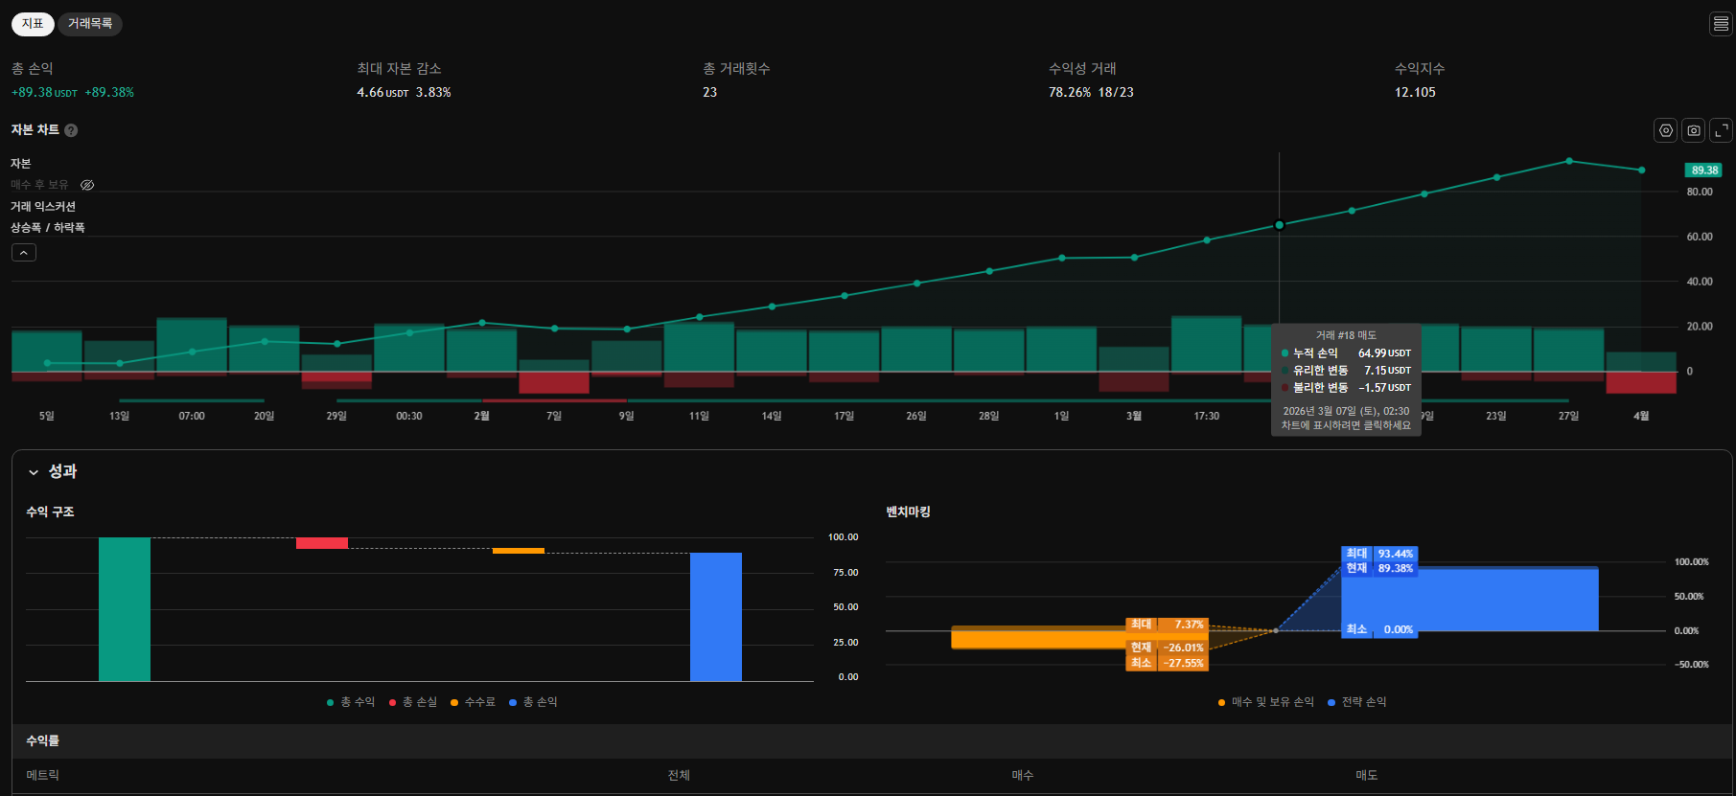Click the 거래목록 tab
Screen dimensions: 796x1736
(90, 24)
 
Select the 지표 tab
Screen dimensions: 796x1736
(33, 24)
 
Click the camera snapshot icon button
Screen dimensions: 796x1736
(1694, 130)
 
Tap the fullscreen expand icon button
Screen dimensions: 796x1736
(1722, 130)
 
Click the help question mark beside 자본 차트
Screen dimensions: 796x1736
(71, 130)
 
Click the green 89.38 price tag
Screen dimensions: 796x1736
(1703, 171)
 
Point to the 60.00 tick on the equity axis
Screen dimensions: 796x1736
(1700, 237)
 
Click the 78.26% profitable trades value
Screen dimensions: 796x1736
(1070, 93)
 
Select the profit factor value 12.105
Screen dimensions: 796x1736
(1415, 93)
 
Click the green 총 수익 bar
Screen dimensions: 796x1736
(125, 609)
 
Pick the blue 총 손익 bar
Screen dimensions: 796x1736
(715, 617)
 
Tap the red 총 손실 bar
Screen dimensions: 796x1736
(322, 543)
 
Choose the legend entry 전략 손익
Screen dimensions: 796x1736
(1363, 702)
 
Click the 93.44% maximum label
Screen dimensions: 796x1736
(1395, 554)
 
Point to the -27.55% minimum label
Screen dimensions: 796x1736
(1183, 663)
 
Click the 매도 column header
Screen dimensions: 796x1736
(1366, 775)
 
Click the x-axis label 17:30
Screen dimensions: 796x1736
(1207, 416)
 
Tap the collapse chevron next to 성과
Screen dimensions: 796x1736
(34, 472)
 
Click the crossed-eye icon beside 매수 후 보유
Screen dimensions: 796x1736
(87, 185)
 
